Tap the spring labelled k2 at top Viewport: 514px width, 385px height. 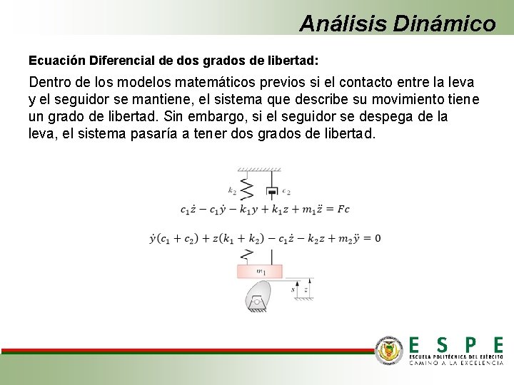coord(247,188)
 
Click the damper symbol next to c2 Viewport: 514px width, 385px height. coord(271,190)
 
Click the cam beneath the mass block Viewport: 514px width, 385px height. coord(258,294)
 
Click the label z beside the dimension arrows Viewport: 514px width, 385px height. coord(306,289)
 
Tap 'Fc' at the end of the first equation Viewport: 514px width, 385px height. coord(343,209)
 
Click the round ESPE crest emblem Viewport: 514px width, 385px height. coord(390,349)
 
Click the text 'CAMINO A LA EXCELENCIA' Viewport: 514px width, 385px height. coord(455,363)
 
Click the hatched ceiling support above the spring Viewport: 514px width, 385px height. coord(259,170)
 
